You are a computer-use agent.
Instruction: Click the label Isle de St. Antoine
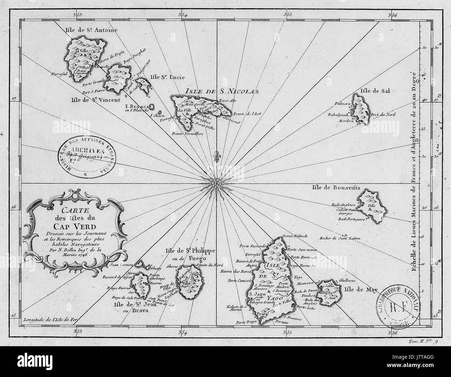tap(91, 30)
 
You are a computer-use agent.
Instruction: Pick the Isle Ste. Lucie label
tap(167, 77)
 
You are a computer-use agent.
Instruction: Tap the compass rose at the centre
tap(217, 182)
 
